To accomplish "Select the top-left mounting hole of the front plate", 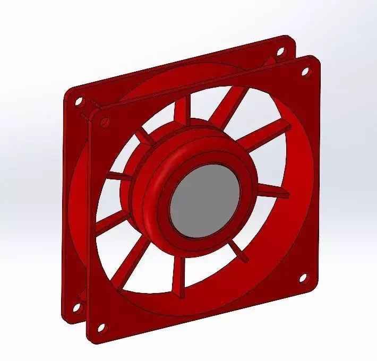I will [104, 122].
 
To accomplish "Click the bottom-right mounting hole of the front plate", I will [303, 278].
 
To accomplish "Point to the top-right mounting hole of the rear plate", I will [281, 51].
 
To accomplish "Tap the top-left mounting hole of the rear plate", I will [78, 100].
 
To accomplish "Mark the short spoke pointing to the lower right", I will [240, 254].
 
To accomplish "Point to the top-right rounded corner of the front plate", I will [316, 59].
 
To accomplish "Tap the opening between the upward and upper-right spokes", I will [204, 109].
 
